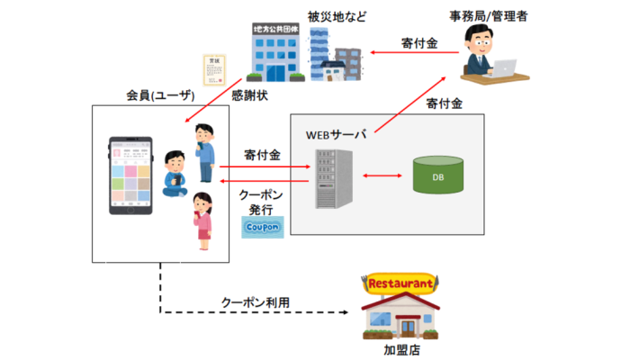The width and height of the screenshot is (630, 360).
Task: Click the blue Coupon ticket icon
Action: point(262,227)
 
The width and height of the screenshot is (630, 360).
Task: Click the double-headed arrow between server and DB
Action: point(379,175)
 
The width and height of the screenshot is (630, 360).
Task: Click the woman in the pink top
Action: point(203,219)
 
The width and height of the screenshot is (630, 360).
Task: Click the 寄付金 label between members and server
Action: point(262,155)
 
